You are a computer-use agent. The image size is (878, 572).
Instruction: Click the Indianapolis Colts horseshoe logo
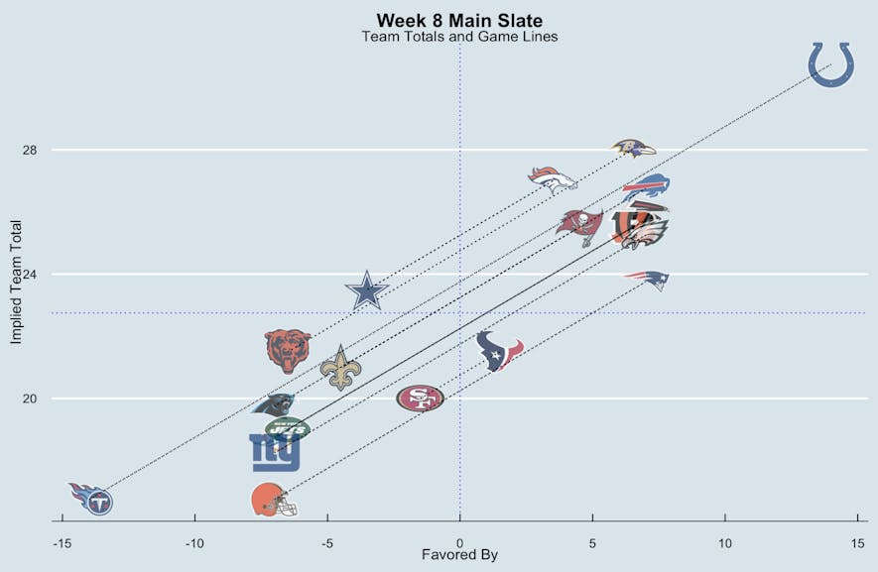coord(830,63)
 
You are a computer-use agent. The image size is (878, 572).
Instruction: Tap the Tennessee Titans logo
coord(91,498)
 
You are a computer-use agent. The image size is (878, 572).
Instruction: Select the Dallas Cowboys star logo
coord(366,291)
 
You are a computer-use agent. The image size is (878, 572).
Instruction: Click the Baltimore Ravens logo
coord(633,149)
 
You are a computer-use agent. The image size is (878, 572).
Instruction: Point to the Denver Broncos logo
coord(552,179)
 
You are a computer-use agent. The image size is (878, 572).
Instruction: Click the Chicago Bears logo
coord(288,351)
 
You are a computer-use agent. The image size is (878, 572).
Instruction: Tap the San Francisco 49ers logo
coord(420,399)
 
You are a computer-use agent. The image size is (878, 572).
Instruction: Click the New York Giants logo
coord(274,452)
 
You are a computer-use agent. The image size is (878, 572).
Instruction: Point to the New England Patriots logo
coord(647,279)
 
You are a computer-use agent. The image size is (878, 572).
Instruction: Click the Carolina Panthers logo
coord(274,404)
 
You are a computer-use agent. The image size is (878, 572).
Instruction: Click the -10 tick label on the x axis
coord(194,543)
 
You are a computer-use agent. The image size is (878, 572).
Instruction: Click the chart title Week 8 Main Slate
coord(459,21)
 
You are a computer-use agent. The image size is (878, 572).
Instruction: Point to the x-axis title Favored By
coord(459,555)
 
